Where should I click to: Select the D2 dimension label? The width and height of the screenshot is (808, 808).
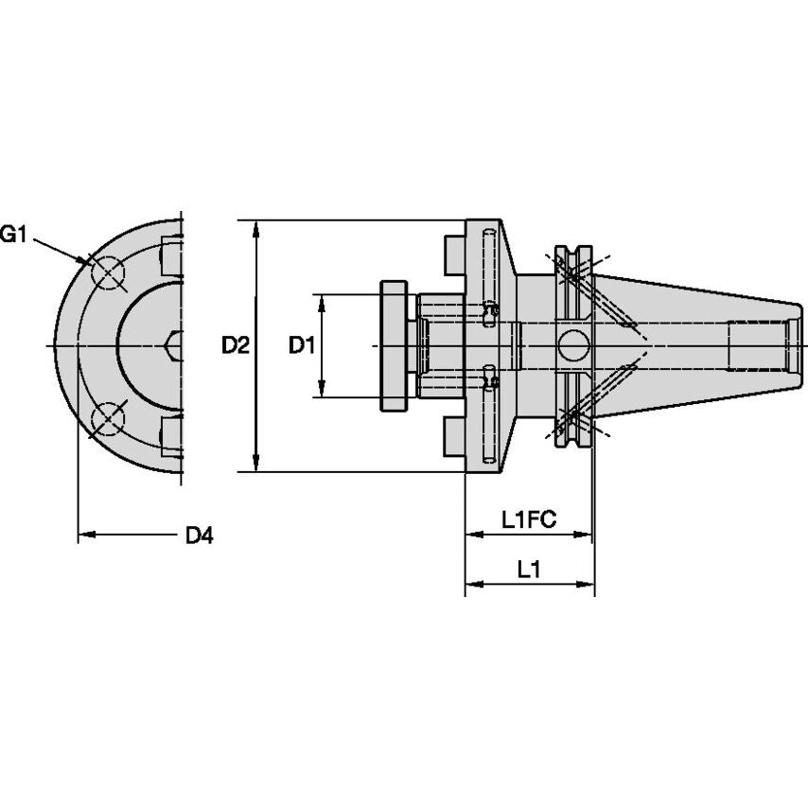235,346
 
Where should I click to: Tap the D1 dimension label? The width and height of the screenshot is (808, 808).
301,346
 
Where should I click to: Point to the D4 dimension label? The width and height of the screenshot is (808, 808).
199,536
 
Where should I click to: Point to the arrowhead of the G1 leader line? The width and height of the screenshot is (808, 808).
88,262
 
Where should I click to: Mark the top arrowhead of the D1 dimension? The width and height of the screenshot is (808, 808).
322,301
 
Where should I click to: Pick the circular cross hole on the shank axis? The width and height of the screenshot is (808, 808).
572,346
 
